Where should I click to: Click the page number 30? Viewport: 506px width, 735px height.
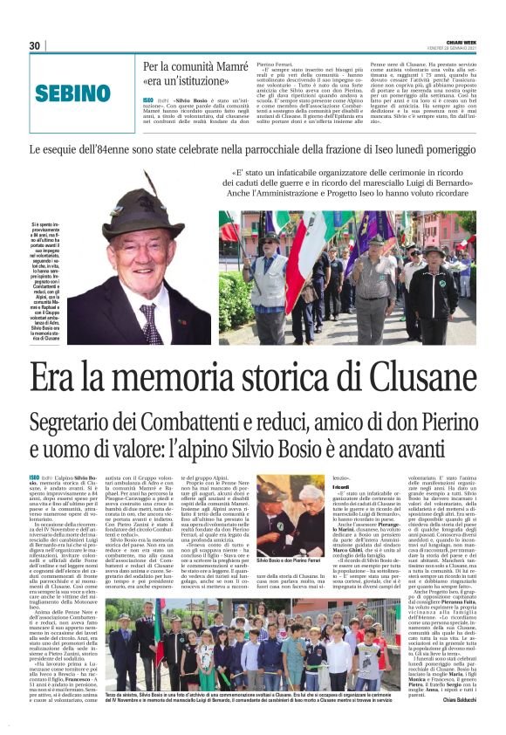point(35,45)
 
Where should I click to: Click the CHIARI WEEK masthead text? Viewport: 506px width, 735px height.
point(459,40)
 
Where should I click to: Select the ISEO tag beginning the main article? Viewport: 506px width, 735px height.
point(34,477)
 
